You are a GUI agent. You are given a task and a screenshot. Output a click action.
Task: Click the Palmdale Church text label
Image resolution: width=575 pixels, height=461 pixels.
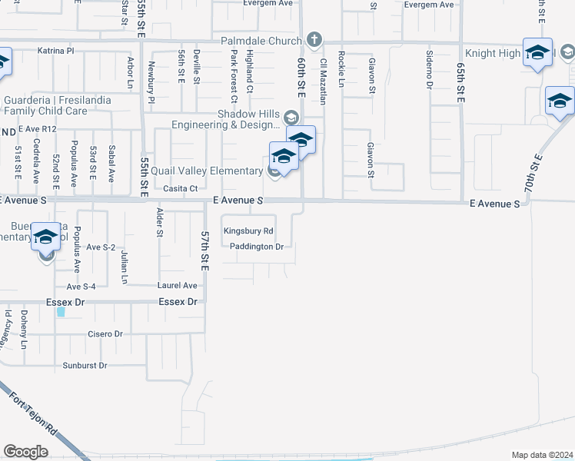pyautogui.click(x=262, y=39)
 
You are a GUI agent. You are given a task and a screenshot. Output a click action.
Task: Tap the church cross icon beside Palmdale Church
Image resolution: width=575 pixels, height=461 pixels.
pyautogui.click(x=314, y=39)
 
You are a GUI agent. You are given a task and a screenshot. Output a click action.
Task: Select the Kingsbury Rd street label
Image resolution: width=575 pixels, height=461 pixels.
pyautogui.click(x=248, y=230)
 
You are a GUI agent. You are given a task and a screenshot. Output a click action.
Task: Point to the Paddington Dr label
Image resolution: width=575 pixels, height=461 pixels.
pyautogui.click(x=258, y=247)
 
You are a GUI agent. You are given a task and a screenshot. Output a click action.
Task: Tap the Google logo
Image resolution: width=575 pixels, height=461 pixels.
pyautogui.click(x=25, y=451)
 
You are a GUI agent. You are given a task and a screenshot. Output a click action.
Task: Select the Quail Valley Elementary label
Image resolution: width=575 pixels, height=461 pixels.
pyautogui.click(x=196, y=171)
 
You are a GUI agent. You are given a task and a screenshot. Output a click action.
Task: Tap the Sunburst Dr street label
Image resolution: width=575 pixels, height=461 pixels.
pyautogui.click(x=85, y=366)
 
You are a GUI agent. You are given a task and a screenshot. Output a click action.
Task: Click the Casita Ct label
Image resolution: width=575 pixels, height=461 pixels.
pyautogui.click(x=181, y=188)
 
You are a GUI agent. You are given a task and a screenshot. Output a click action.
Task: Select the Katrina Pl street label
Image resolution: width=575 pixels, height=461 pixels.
pyautogui.click(x=55, y=51)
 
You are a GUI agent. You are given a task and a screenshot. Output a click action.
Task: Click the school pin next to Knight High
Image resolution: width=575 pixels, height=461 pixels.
pyautogui.click(x=537, y=52)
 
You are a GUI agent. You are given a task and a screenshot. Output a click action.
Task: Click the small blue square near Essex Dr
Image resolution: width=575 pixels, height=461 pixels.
pyautogui.click(x=61, y=312)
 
